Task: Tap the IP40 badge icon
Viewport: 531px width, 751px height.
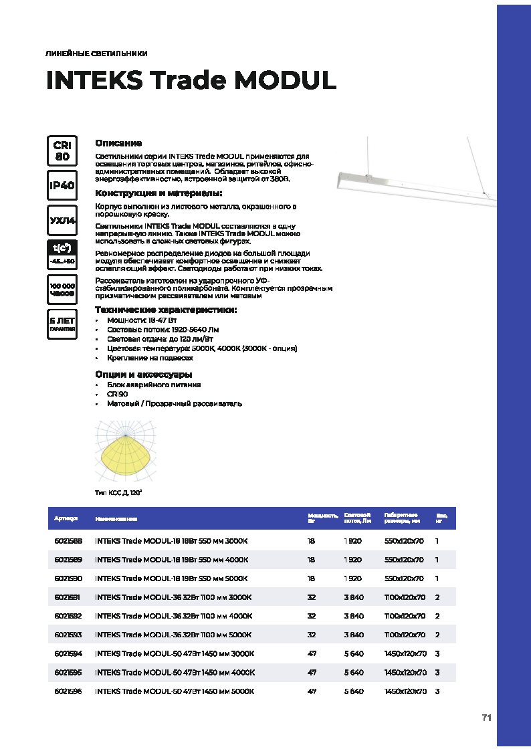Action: (62, 185)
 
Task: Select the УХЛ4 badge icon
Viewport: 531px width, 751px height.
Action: (62, 220)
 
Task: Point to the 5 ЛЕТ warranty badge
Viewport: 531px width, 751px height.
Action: (62, 324)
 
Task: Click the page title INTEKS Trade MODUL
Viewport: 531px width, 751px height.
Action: (191, 81)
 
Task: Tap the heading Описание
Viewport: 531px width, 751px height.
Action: (118, 143)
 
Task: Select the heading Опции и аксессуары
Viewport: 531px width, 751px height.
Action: (144, 374)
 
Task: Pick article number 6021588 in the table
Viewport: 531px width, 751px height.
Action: (68, 540)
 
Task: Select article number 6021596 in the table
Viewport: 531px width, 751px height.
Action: (68, 691)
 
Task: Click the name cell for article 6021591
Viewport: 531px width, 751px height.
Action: (173, 597)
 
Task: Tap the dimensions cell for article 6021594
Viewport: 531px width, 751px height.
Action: (405, 653)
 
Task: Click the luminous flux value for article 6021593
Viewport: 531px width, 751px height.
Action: (354, 635)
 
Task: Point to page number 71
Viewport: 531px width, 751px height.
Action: (486, 718)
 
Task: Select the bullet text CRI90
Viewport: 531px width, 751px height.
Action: (117, 395)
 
